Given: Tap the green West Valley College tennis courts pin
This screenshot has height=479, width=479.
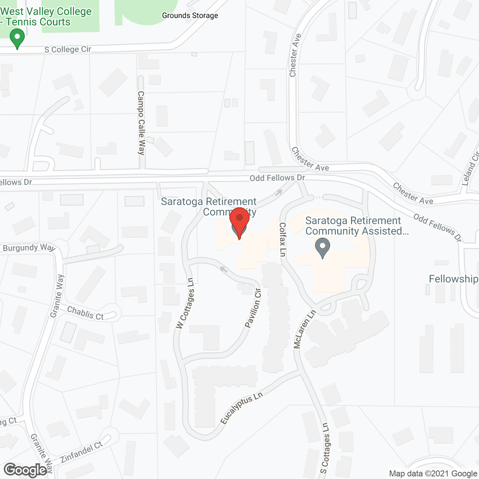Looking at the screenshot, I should (17, 39).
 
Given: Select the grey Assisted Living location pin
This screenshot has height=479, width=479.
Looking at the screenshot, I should (322, 248).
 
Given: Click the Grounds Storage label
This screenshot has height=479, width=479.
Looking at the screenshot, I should (190, 15).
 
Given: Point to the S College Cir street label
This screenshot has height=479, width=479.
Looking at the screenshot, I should (68, 49).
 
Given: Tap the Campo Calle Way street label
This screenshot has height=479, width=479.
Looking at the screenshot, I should (141, 123).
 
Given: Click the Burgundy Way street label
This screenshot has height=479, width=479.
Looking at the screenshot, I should (29, 248).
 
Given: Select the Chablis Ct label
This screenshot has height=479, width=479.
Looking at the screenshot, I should (85, 313).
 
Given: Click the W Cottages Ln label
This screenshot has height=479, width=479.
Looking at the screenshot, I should (185, 303).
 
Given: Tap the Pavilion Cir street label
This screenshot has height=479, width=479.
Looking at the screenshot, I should (253, 308).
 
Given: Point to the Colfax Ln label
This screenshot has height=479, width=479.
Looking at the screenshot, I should (283, 239).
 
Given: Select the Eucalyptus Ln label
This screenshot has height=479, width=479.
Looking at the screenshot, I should (241, 408).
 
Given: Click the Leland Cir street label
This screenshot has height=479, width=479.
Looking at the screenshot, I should (470, 169).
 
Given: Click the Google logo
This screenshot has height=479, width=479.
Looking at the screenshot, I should (25, 470).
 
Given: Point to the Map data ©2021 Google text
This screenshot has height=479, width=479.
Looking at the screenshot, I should (433, 474).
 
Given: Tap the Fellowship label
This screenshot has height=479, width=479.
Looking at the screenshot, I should (453, 279).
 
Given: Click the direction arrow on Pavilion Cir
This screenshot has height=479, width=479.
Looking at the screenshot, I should (224, 269).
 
